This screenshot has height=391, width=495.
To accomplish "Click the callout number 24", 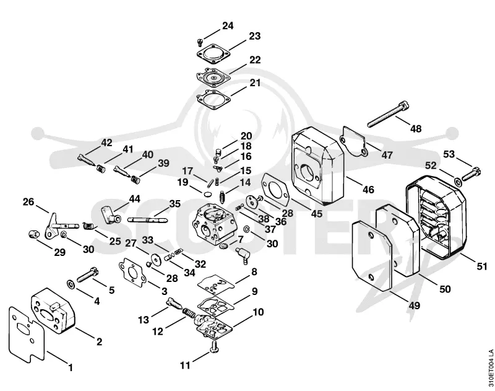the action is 228,25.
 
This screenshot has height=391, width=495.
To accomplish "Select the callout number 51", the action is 482,266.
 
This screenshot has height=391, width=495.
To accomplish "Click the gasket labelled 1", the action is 27,332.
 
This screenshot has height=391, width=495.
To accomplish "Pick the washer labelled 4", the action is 71,284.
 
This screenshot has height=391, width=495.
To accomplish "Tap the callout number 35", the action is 174,204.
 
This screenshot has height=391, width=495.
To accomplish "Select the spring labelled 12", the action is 190,314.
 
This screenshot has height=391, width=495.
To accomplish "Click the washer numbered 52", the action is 458,182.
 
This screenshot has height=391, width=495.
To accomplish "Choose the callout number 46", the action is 368,190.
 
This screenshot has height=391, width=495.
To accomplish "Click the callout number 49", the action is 415,305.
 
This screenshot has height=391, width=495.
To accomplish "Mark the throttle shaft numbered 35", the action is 147,219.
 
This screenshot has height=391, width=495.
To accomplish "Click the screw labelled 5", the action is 87,275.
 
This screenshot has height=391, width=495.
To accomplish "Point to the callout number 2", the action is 99,341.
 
